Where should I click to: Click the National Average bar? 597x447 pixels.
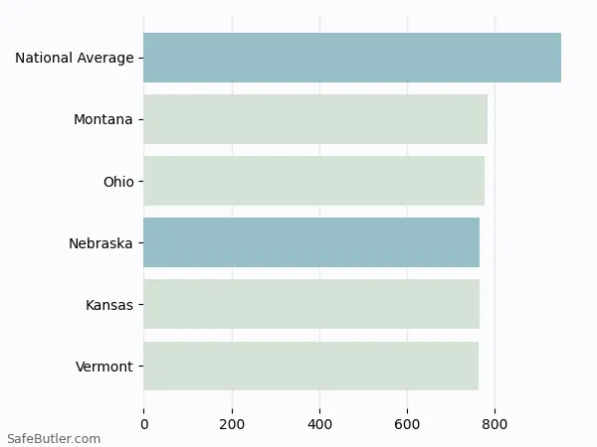pyautogui.click(x=352, y=58)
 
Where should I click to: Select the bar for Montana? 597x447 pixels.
pyautogui.click(x=315, y=119)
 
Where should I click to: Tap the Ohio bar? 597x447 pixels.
pyautogui.click(x=313, y=181)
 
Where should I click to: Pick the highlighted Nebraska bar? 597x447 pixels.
pyautogui.click(x=311, y=242)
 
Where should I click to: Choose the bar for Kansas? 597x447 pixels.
pyautogui.click(x=311, y=304)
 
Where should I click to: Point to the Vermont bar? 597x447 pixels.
pyautogui.click(x=310, y=367)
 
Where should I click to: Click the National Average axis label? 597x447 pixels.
pyautogui.click(x=75, y=59)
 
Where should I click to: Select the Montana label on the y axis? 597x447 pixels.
pyautogui.click(x=103, y=120)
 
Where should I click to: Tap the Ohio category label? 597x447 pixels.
pyautogui.click(x=118, y=182)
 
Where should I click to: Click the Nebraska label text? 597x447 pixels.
pyautogui.click(x=100, y=243)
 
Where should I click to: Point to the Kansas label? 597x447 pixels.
pyautogui.click(x=109, y=305)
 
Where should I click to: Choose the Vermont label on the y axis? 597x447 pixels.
pyautogui.click(x=104, y=368)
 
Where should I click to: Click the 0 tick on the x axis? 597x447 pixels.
pyautogui.click(x=144, y=424)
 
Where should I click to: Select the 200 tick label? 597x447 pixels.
pyautogui.click(x=232, y=424)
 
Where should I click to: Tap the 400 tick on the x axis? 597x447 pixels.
pyautogui.click(x=319, y=424)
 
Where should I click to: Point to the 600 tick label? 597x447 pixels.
pyautogui.click(x=407, y=424)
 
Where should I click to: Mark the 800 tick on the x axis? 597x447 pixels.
pyautogui.click(x=495, y=424)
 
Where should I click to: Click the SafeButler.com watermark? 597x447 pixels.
pyautogui.click(x=54, y=438)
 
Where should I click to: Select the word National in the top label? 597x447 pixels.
pyautogui.click(x=44, y=59)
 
